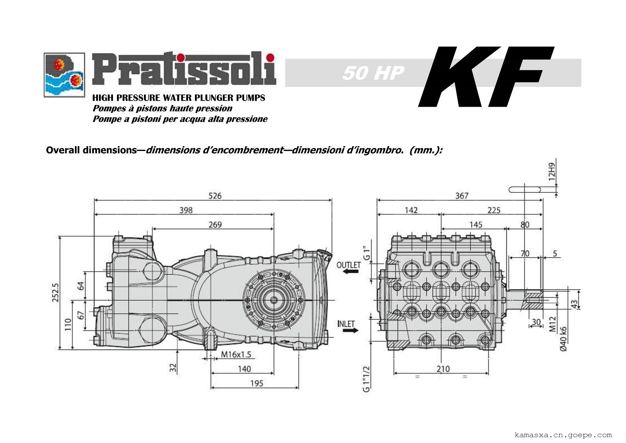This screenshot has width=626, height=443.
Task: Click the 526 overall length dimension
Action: (215, 196)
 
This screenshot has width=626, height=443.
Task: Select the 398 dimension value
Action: (186, 210)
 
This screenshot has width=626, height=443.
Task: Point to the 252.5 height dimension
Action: (55, 293)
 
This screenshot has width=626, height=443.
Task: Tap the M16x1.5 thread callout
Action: (236, 354)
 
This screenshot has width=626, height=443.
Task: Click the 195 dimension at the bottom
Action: (257, 383)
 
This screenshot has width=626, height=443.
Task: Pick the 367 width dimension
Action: (462, 196)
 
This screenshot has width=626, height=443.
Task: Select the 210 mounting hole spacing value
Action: (443, 369)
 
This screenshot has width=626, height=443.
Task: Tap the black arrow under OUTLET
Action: (350, 271)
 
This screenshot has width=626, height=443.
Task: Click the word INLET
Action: (346, 324)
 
